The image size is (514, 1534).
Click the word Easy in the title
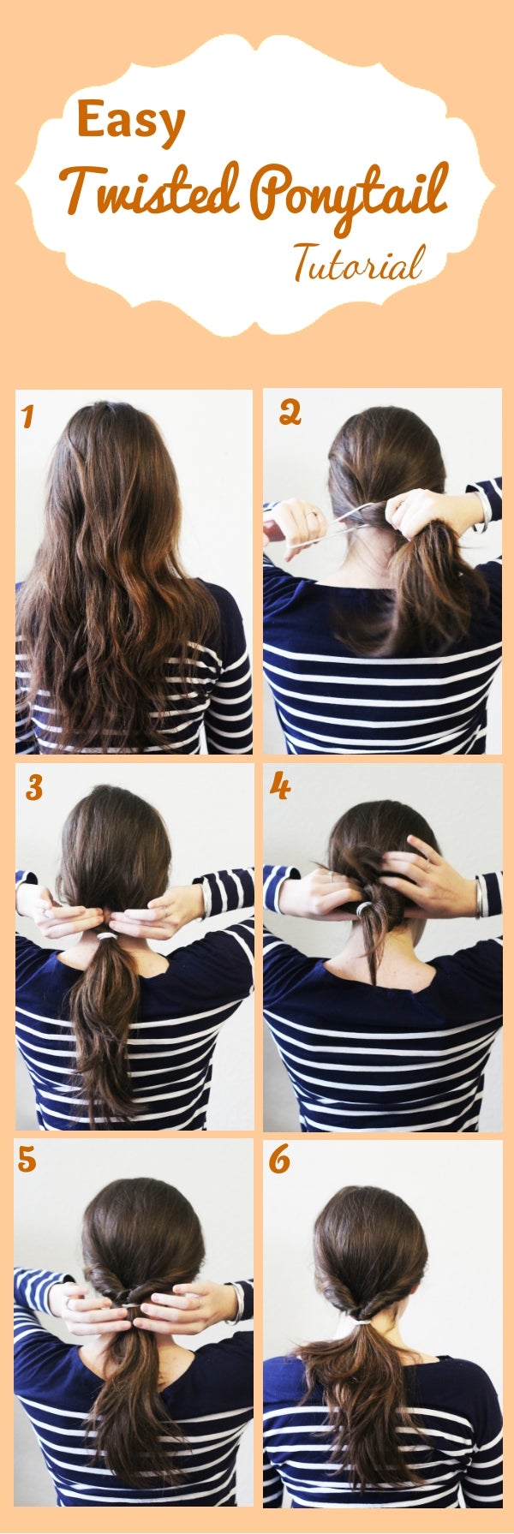(x=130, y=122)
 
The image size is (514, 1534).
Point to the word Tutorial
(x=359, y=264)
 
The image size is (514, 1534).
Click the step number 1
(x=27, y=417)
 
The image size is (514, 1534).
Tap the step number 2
(x=290, y=414)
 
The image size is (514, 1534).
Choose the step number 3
(x=33, y=788)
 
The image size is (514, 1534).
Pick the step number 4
(x=280, y=787)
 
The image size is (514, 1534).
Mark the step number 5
(x=27, y=1161)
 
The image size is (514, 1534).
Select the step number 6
(x=279, y=1161)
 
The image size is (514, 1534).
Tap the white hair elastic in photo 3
(x=106, y=938)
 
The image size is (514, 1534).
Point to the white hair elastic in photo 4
(x=366, y=904)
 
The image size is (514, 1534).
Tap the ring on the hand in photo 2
(x=314, y=514)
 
